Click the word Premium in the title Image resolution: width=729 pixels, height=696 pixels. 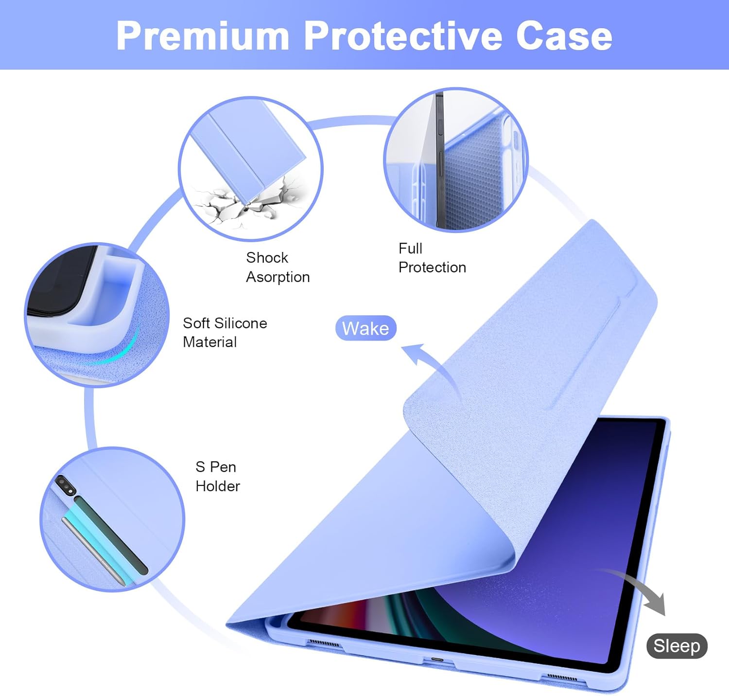tap(203, 36)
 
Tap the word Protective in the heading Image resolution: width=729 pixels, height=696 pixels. tap(402, 36)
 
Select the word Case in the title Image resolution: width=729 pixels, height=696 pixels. tap(564, 36)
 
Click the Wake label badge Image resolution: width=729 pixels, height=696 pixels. tap(365, 328)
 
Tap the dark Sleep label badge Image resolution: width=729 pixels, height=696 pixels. tap(677, 646)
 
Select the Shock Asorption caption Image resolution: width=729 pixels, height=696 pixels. tap(278, 267)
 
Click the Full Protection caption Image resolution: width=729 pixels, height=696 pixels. tap(432, 258)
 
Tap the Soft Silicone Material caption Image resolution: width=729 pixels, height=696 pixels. tap(225, 333)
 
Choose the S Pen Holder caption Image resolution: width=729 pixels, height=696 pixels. tap(218, 477)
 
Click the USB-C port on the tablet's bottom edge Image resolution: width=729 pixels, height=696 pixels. tap(437, 660)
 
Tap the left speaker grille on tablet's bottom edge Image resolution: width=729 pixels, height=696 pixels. tap(325, 643)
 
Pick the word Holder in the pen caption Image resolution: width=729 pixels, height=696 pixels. tap(218, 486)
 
